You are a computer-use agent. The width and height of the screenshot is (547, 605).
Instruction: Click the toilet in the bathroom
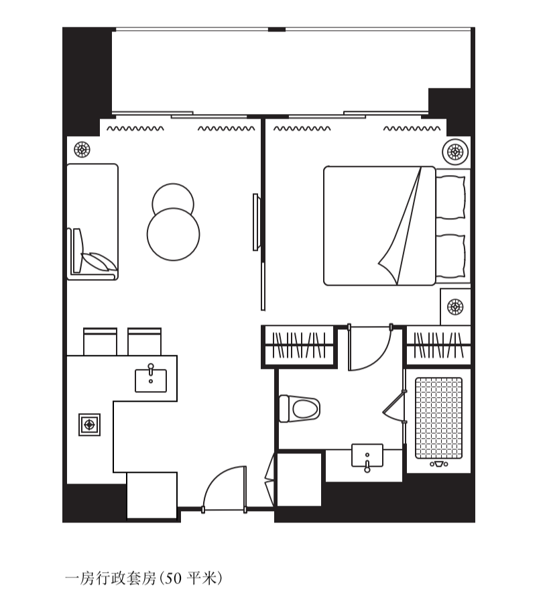tap(300, 408)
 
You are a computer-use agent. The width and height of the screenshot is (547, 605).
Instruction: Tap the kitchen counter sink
tap(151, 380)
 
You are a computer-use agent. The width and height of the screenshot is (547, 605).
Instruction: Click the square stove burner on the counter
tap(89, 425)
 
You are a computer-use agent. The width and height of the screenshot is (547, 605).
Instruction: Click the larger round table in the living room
tap(174, 234)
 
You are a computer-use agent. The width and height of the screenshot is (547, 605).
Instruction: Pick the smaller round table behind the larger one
tap(173, 198)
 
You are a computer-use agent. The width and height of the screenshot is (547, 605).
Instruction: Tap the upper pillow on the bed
tap(450, 197)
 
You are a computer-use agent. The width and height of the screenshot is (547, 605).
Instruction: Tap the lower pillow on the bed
tap(450, 256)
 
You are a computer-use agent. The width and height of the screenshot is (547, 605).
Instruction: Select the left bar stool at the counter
tap(101, 341)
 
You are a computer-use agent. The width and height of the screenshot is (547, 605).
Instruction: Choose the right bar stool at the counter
tap(145, 341)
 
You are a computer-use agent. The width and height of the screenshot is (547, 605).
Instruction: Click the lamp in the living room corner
tap(82, 150)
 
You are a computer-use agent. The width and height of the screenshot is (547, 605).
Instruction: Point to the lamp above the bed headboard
tap(455, 152)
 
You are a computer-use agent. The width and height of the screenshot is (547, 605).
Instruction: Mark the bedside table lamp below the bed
tap(455, 307)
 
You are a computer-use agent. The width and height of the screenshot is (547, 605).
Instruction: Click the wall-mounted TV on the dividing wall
tap(255, 222)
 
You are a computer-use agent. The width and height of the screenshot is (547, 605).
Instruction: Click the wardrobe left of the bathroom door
tap(299, 345)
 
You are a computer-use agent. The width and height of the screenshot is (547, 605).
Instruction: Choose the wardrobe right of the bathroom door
tap(438, 345)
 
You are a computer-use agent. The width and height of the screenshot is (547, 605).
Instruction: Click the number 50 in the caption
tap(174, 578)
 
